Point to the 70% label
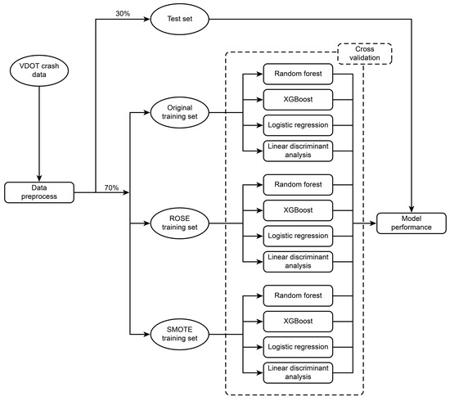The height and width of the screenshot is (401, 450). (111, 187)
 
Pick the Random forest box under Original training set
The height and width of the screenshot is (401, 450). (297, 75)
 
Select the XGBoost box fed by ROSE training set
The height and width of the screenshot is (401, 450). (297, 210)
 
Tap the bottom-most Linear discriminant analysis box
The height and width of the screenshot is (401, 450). (297, 372)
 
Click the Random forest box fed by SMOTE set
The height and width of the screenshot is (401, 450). (297, 294)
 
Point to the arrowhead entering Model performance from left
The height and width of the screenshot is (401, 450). (373, 223)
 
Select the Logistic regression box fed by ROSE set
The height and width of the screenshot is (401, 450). (297, 236)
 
